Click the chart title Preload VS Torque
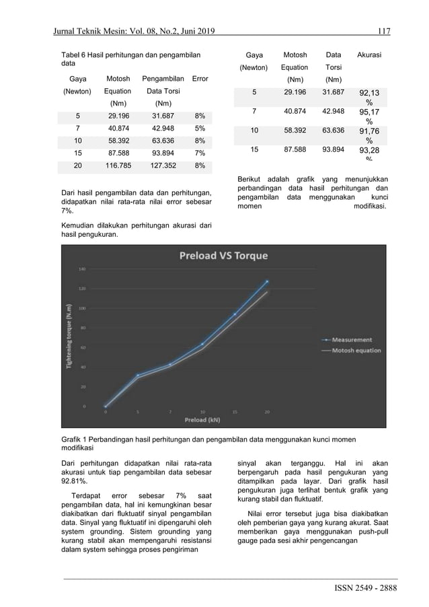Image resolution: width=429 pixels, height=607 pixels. [223, 256]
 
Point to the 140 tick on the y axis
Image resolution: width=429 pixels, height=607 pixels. [83, 269]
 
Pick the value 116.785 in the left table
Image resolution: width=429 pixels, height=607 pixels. [118, 165]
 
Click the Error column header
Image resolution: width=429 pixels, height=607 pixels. [200, 79]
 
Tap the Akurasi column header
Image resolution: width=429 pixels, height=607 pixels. [369, 55]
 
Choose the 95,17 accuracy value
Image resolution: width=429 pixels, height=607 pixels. [369, 115]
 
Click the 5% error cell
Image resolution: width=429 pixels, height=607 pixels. [200, 128]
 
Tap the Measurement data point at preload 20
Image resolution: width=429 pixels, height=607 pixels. [267, 281]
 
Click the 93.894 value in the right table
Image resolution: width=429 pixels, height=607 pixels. [333, 150]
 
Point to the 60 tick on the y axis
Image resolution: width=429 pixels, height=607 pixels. [83, 347]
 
